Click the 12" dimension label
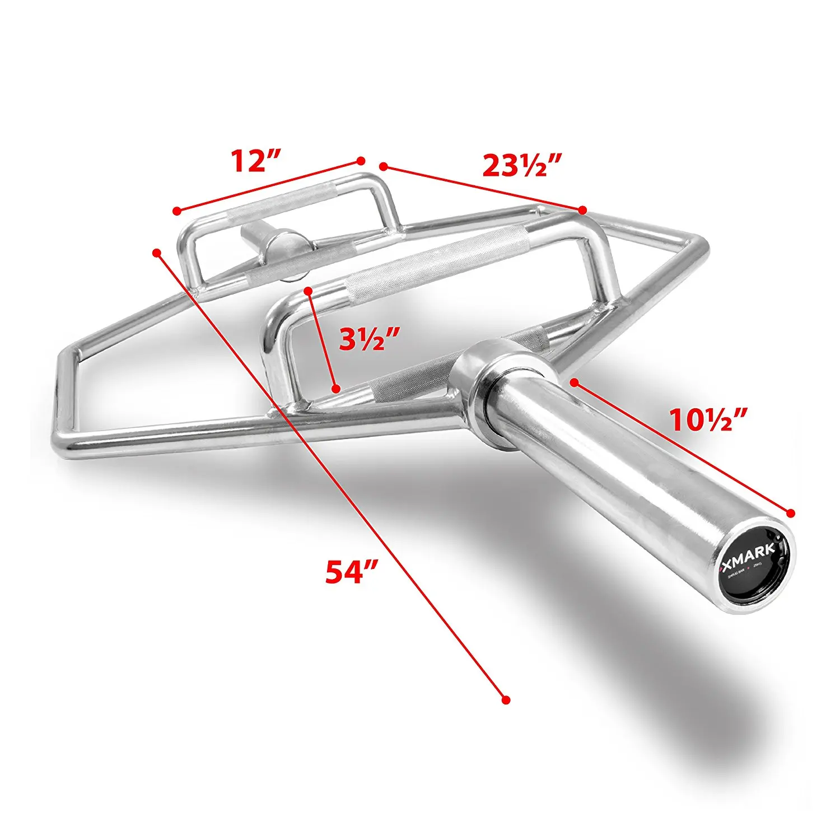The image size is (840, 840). pyautogui.click(x=255, y=162)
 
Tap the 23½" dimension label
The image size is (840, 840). pyautogui.click(x=522, y=165)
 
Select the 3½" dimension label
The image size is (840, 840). pyautogui.click(x=370, y=338)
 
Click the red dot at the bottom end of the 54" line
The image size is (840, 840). pyautogui.click(x=506, y=700)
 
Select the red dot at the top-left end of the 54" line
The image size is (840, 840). pyautogui.click(x=157, y=253)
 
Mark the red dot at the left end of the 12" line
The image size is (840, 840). pyautogui.click(x=176, y=211)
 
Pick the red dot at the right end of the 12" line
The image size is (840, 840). pyautogui.click(x=361, y=161)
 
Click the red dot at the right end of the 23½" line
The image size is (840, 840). pyautogui.click(x=582, y=210)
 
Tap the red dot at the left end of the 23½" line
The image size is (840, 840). pyautogui.click(x=383, y=166)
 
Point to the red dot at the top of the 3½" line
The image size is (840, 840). pyautogui.click(x=307, y=291)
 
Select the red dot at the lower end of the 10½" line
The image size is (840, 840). pyautogui.click(x=791, y=513)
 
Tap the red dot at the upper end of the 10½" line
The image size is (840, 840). pyautogui.click(x=574, y=382)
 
